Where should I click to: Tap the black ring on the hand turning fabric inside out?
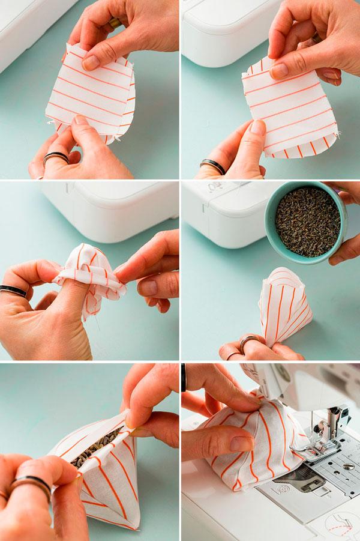pyautogui.click(x=13, y=291)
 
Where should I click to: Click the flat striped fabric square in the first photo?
pyautogui.click(x=90, y=96)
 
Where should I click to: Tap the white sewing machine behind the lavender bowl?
pyautogui.click(x=222, y=210)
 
